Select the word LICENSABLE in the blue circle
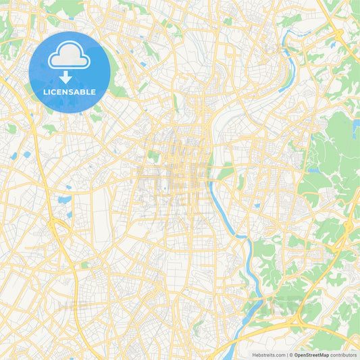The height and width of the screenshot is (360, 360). pyautogui.click(x=69, y=91)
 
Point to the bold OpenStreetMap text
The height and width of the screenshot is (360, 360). pyautogui.click(x=315, y=354)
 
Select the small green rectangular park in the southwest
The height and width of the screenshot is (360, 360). pyautogui.click(x=84, y=265)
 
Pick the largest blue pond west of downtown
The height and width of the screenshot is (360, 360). pyautogui.click(x=64, y=200)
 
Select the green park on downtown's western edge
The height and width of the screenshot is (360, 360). pyautogui.click(x=154, y=156)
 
